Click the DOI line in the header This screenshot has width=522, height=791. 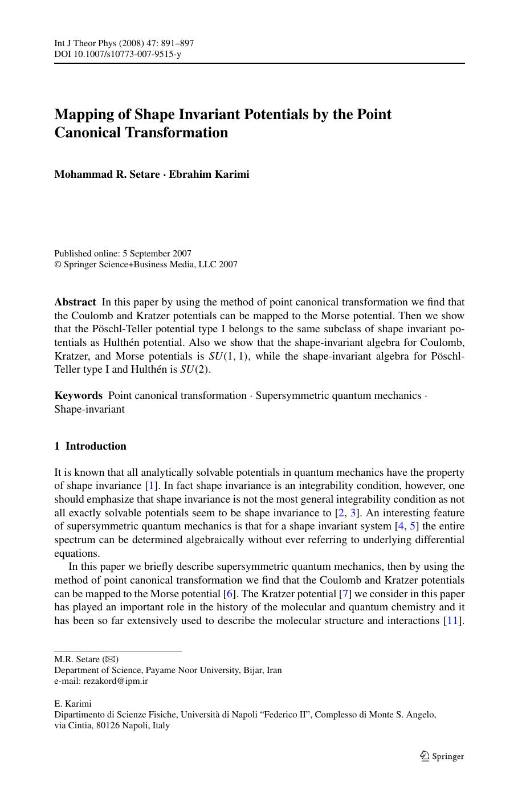117,54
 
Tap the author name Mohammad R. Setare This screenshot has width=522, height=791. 107,174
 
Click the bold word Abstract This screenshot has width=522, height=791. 75,302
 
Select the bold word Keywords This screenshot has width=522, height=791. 78,395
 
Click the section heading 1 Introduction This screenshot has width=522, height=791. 90,446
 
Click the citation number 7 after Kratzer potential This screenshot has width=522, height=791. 344,594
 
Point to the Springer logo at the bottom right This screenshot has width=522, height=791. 442,756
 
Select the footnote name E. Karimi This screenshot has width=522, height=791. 72,704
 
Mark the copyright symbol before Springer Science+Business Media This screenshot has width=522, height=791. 58,264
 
